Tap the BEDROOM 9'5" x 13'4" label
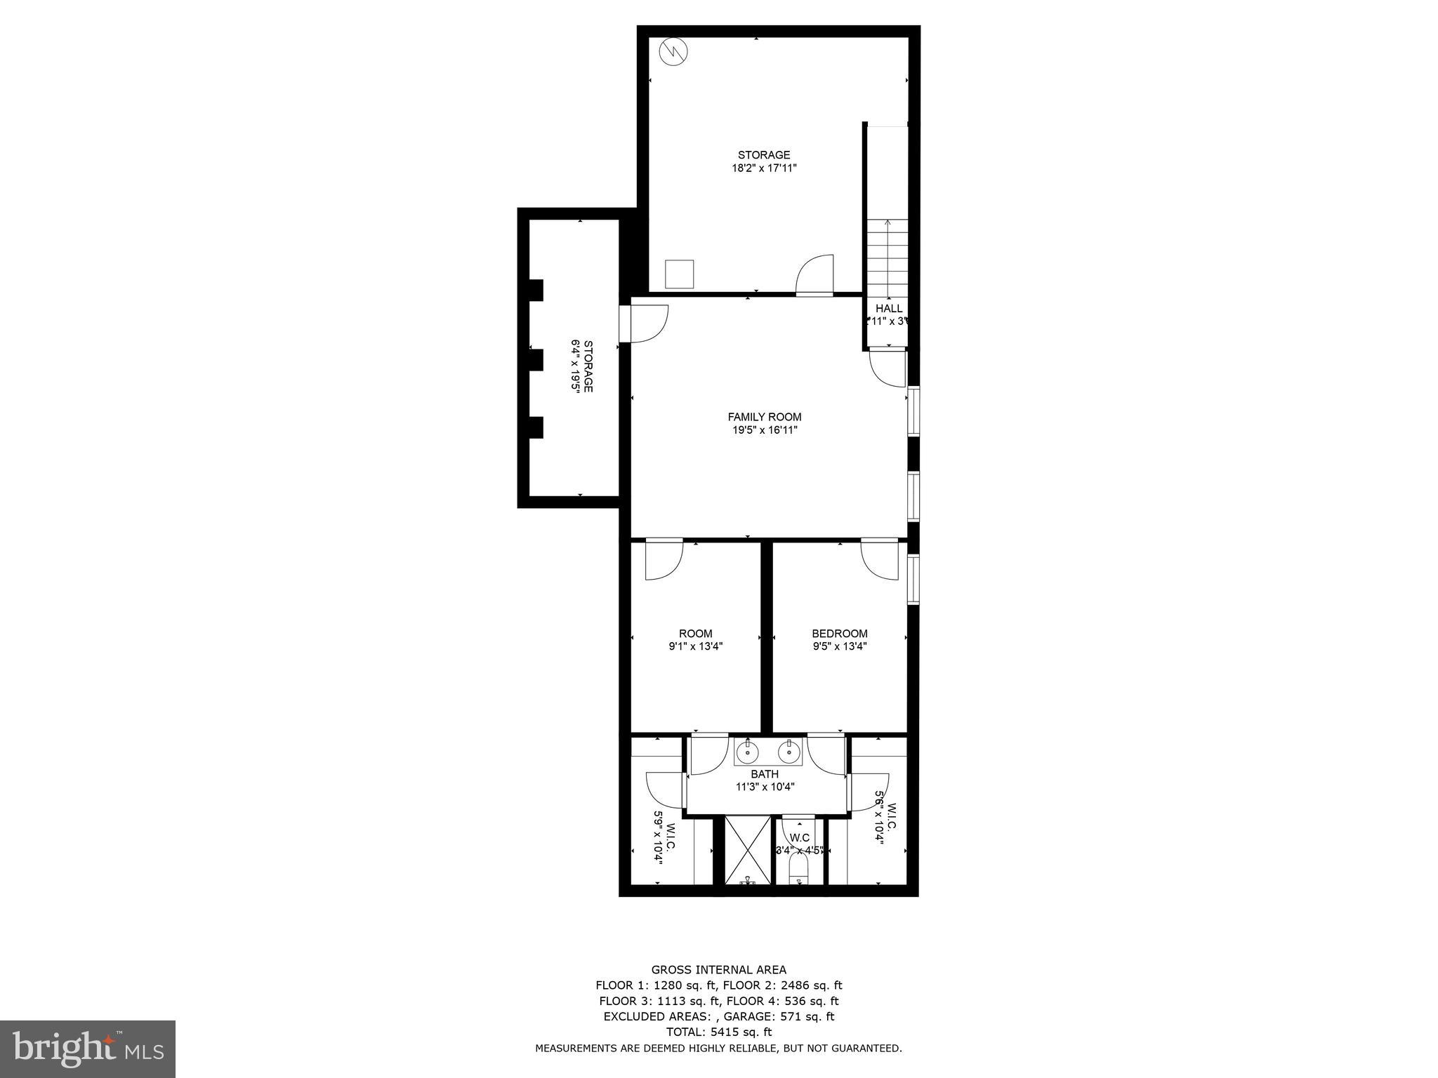(x=840, y=639)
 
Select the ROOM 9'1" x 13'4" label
(x=695, y=639)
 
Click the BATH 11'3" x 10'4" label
(x=765, y=780)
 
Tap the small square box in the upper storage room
(x=679, y=274)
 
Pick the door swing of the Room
(x=663, y=560)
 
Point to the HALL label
(x=889, y=309)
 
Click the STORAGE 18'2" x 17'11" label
(x=764, y=161)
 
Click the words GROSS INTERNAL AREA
(x=718, y=970)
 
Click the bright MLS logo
(x=88, y=1050)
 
